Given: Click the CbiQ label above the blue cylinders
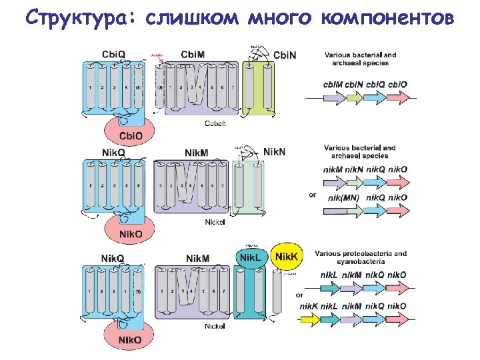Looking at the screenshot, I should pos(113,54).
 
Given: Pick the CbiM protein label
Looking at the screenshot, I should pos(193,54).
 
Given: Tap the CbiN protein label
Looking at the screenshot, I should pos(285,55).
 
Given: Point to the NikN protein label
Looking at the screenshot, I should pos(274,152).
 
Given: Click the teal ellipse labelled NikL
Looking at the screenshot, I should pos(250,257).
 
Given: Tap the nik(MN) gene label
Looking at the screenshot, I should pos(343,198).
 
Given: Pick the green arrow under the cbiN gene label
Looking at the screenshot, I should pos(353,97).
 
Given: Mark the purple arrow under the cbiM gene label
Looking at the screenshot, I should pos(332,97).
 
